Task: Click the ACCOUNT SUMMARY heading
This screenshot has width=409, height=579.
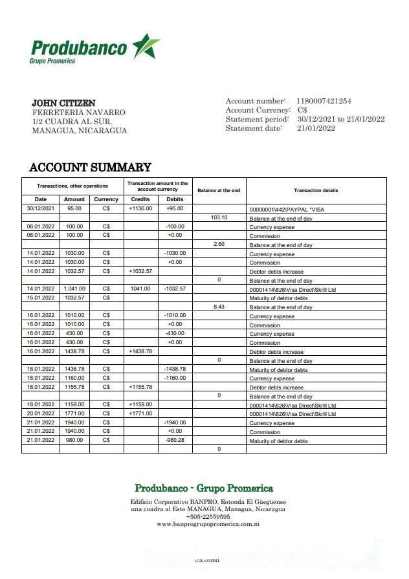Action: pos(90,168)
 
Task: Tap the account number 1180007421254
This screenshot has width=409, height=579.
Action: pos(324,101)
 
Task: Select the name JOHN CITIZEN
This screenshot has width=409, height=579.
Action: pos(63,103)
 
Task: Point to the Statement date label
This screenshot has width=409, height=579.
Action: pos(254,128)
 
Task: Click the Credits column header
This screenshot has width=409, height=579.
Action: pos(140,199)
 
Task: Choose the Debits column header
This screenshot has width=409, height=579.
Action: pos(175,199)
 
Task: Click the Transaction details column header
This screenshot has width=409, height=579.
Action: pos(316,190)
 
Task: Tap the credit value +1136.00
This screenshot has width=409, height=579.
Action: pos(140,208)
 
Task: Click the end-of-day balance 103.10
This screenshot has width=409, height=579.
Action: pos(219,217)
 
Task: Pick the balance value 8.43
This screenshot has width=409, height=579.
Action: pos(219,306)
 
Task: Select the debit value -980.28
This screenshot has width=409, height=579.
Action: pos(175,440)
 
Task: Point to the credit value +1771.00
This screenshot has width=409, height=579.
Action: pos(140,413)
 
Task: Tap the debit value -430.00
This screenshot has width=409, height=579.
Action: pos(175,333)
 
